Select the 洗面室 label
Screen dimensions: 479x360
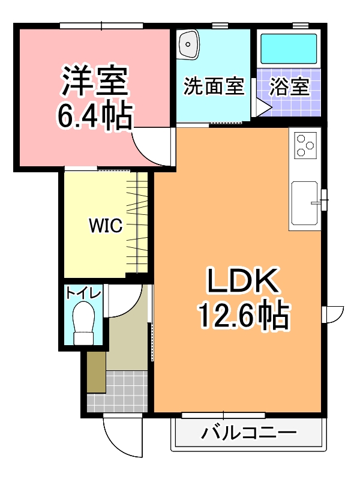click(x=214, y=87)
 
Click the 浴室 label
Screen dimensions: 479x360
click(x=289, y=87)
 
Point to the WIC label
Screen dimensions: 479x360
click(x=106, y=226)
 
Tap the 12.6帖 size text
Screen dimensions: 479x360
click(x=244, y=315)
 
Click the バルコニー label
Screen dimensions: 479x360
click(x=248, y=433)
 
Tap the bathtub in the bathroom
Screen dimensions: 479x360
click(x=288, y=49)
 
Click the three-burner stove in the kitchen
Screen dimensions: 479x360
click(x=305, y=145)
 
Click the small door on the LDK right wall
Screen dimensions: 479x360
click(x=332, y=314)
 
